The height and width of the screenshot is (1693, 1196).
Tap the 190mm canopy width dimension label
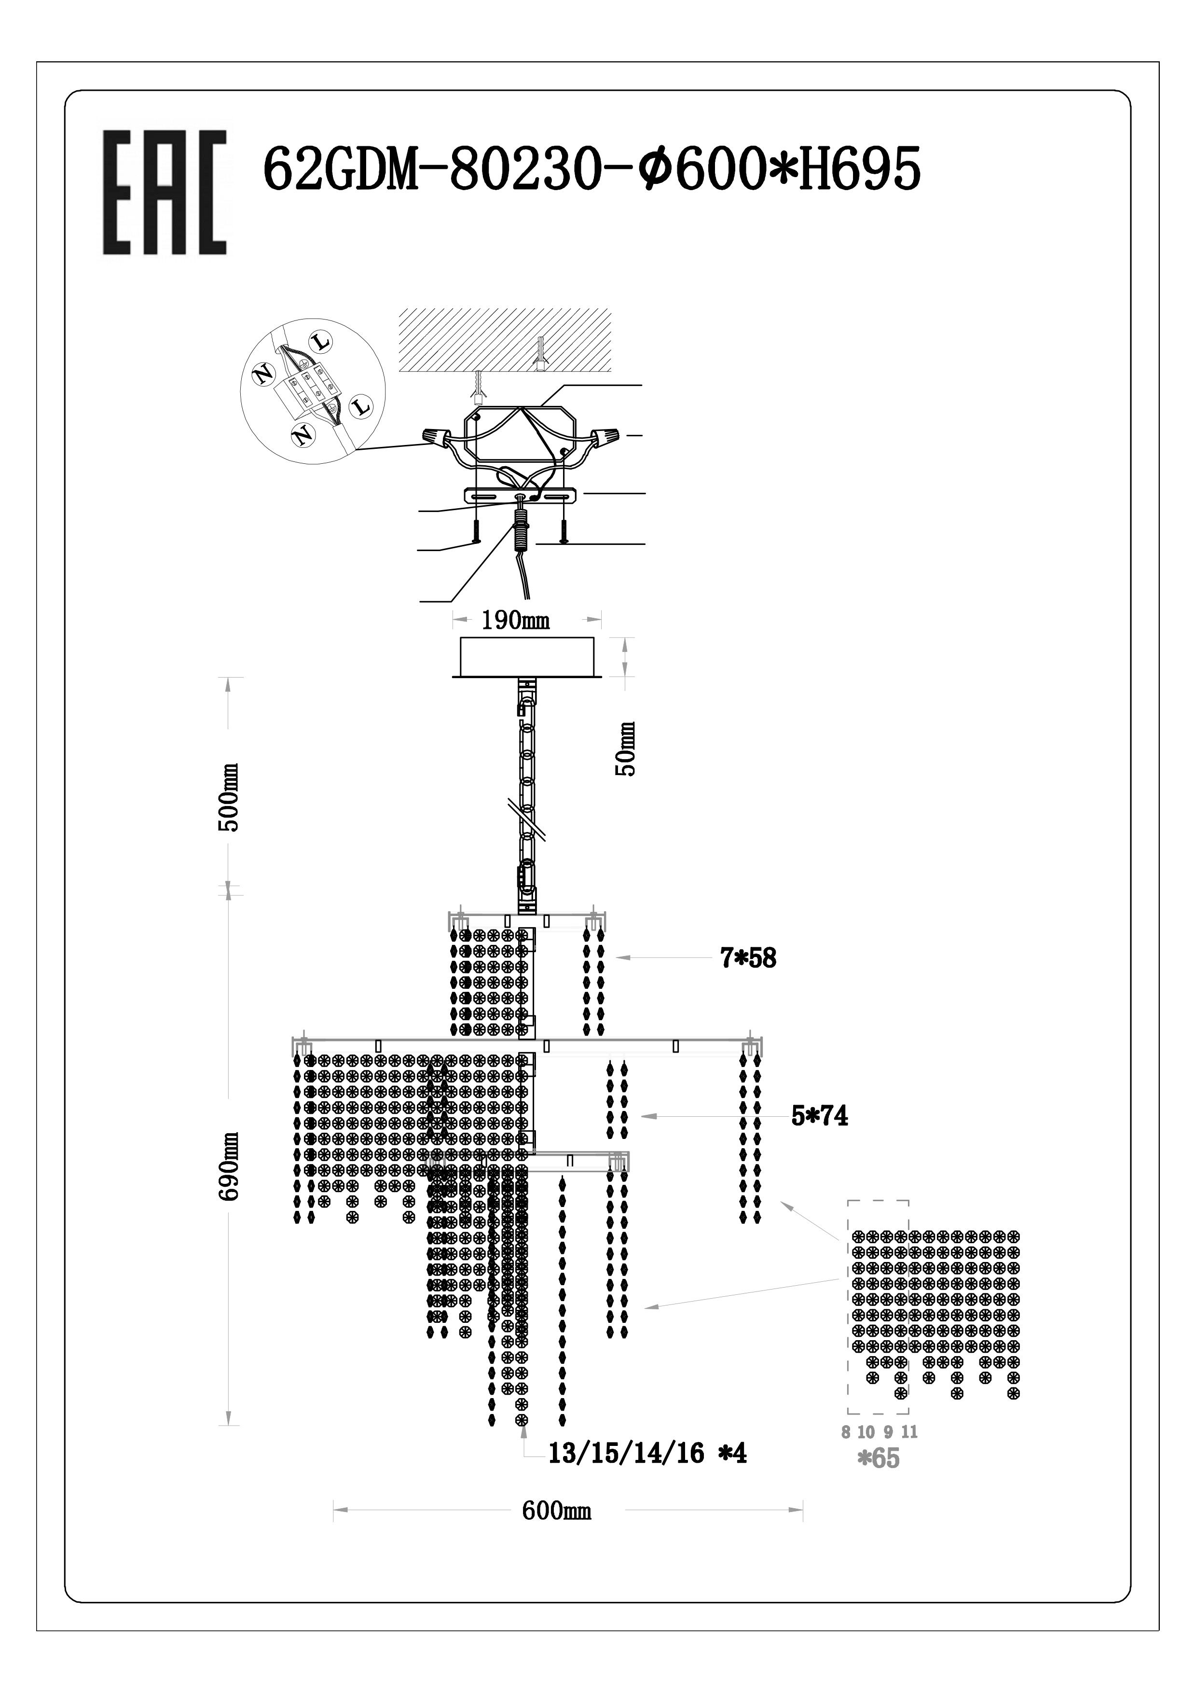[x=516, y=620]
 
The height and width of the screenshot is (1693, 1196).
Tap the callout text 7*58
[x=748, y=958]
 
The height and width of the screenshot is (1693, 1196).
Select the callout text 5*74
[x=819, y=1116]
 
